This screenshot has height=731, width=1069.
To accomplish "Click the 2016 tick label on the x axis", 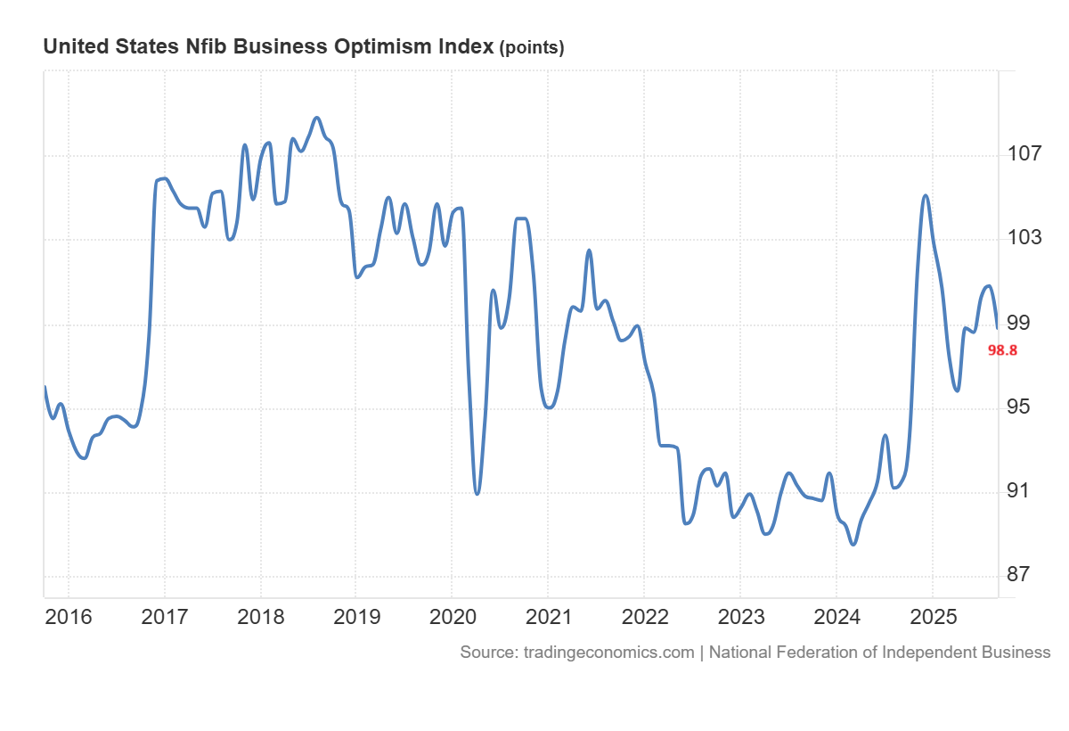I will (x=68, y=617).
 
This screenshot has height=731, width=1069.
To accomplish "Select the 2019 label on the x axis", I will (x=355, y=617).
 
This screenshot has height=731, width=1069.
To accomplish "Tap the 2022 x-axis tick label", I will (x=643, y=617).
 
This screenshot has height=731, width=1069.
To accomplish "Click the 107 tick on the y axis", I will (x=1025, y=154).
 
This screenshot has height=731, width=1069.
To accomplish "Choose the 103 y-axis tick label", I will (x=1025, y=239).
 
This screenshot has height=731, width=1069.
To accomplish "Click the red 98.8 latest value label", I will (x=1002, y=350).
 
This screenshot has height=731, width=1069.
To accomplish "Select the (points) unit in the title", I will (x=532, y=48).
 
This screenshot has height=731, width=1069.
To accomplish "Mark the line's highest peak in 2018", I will (x=316, y=118).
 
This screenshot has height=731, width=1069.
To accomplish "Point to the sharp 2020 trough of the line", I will (x=477, y=493).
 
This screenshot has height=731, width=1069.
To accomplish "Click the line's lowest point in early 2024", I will (x=853, y=544).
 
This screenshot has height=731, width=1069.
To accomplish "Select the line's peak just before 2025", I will (x=926, y=196).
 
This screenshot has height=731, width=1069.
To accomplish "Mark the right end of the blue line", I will (x=996, y=328).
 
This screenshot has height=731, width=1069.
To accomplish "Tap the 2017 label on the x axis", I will (x=164, y=617).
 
